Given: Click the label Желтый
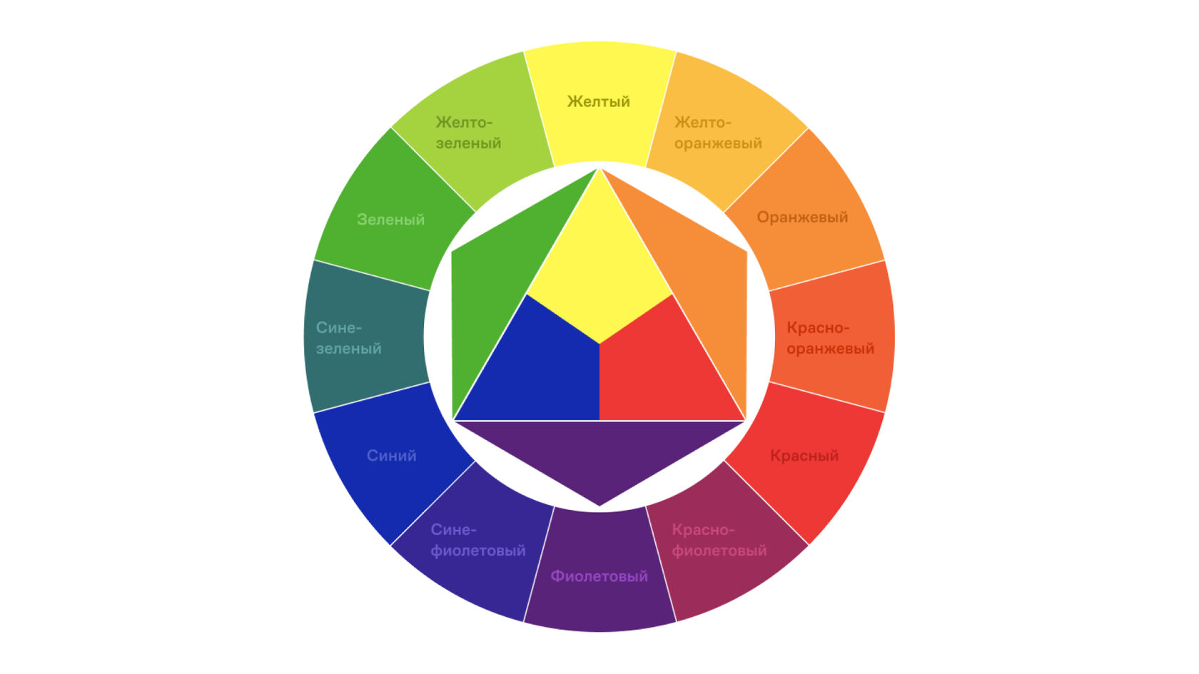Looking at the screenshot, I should coord(598,101).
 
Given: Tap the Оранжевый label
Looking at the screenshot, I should coord(802,217).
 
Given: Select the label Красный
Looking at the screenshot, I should coord(804,455).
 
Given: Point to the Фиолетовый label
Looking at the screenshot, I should coord(599,576).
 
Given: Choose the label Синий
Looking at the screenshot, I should coord(391,455).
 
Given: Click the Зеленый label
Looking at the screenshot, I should coord(390,219).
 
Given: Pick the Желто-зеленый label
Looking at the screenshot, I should coord(468,133).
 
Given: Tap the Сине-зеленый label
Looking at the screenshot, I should coord(348,338).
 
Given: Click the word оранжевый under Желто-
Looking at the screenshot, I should coord(718,143).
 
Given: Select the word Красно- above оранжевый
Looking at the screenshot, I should coord(818,328).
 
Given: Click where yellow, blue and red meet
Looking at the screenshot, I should coord(599,344).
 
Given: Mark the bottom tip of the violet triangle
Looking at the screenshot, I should coord(599,505).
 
